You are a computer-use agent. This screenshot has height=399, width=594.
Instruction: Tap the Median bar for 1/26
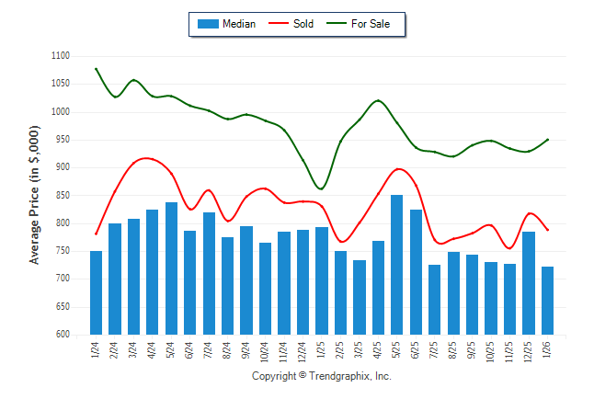tap(548, 301)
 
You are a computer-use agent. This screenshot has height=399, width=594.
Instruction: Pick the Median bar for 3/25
tap(360, 297)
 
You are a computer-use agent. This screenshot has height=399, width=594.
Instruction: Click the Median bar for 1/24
tap(96, 292)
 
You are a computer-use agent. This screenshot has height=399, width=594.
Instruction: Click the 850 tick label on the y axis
tap(62, 195)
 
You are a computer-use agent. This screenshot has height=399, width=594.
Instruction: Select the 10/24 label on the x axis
tap(266, 350)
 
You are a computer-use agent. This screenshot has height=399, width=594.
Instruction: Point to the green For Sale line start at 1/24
tap(96, 68)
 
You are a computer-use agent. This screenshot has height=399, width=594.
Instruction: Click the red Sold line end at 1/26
tap(548, 230)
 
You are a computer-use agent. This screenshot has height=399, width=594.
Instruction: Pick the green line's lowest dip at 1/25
tap(321, 188)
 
